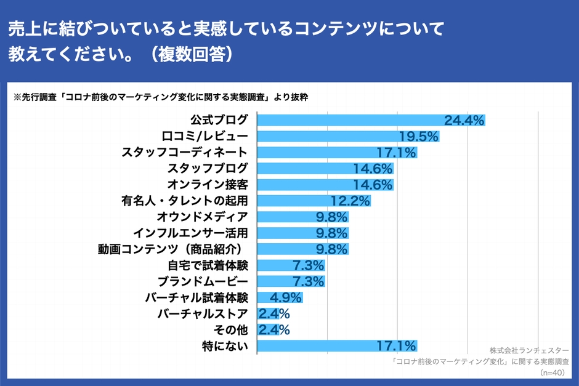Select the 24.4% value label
click(464, 121)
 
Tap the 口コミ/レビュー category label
click(205, 136)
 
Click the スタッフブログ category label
click(208, 168)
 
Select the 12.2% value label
click(350, 201)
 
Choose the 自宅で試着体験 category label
click(208, 265)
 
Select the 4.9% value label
click(281, 298)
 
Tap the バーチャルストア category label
click(203, 314)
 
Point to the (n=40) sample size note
click(554, 373)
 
